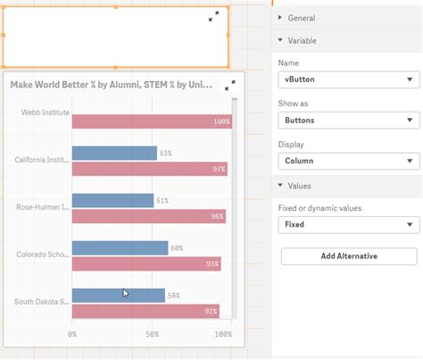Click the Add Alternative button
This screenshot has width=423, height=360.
tap(349, 256)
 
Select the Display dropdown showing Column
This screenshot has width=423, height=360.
tap(349, 161)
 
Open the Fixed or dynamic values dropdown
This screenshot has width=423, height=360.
tap(349, 225)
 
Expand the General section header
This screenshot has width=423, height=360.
tap(302, 18)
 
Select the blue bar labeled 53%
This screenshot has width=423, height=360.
tap(113, 154)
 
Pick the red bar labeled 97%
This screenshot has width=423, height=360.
tap(148, 169)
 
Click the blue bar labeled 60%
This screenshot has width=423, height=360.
tap(119, 248)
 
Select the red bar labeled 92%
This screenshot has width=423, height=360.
tap(145, 311)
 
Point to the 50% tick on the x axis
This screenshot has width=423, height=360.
tap(152, 333)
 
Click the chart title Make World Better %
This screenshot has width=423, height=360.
tap(112, 84)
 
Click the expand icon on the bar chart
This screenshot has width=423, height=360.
tap(230, 85)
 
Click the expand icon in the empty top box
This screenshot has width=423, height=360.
tap(214, 17)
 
